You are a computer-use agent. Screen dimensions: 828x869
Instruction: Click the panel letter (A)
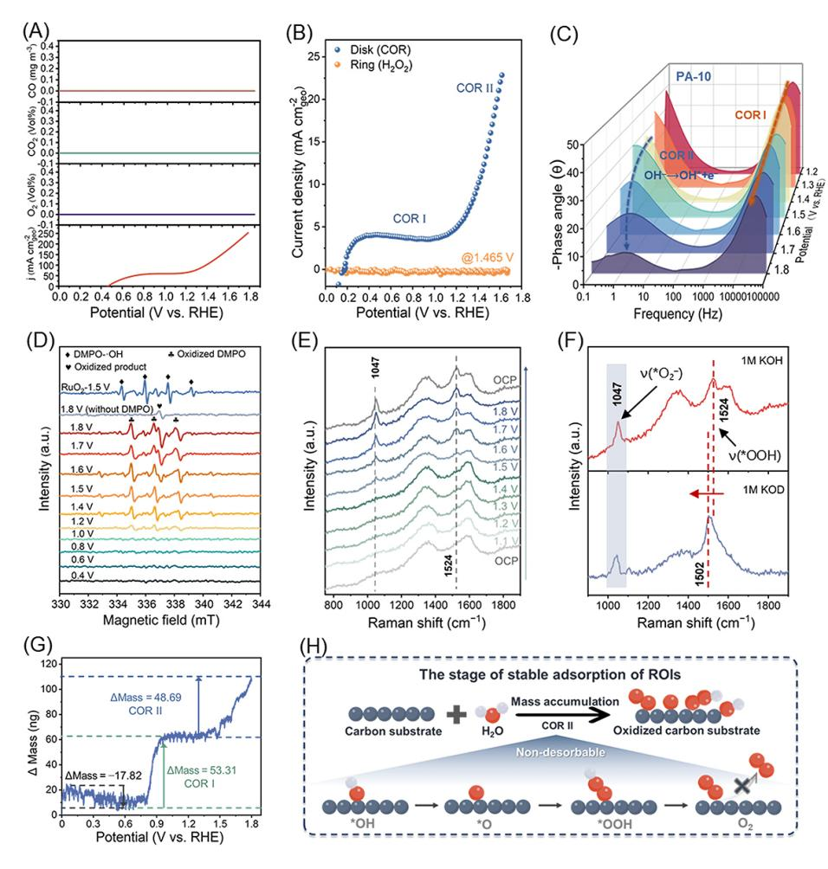[36, 31]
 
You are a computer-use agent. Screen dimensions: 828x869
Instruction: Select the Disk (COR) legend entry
[372, 49]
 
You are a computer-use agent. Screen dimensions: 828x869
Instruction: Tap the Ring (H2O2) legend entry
[373, 66]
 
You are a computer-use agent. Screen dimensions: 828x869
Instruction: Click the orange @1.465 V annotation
[488, 258]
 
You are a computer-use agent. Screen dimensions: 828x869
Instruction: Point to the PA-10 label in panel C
[693, 76]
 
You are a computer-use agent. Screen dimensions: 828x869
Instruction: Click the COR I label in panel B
[410, 219]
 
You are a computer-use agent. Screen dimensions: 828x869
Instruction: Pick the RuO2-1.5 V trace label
[86, 386]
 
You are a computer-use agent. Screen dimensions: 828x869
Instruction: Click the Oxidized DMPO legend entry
[206, 354]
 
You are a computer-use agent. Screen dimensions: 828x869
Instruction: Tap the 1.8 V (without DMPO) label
[107, 409]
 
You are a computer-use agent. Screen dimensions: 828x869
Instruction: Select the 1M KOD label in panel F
[763, 490]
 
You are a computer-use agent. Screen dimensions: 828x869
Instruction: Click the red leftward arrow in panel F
[707, 493]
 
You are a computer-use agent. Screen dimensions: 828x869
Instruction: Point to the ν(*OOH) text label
[754, 455]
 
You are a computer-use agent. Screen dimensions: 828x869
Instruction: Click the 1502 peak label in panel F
[699, 574]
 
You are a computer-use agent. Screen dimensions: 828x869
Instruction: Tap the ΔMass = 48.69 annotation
[146, 698]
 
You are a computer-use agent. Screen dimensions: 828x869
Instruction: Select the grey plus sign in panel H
[456, 714]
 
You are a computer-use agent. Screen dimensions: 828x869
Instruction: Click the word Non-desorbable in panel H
[560, 752]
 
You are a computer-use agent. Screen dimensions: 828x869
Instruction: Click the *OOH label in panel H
[614, 824]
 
